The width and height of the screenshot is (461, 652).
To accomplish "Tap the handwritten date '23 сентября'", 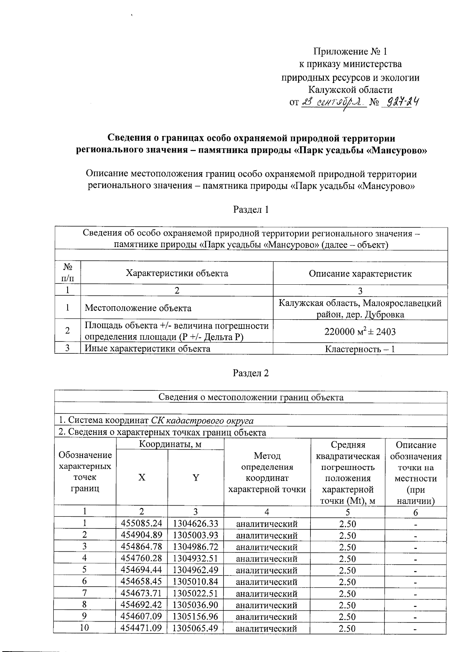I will tap(333, 102).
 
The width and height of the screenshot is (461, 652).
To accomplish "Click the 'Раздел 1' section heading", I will tap(251, 209).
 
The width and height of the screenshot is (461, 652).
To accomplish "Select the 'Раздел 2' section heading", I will tap(251, 373).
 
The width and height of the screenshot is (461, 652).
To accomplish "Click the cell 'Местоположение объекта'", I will tap(138, 308).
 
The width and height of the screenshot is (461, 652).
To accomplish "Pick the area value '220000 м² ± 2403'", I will tap(360, 331).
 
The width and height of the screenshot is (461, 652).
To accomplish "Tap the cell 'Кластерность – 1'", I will tap(360, 349).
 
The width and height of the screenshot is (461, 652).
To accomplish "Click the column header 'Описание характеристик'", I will tap(360, 274).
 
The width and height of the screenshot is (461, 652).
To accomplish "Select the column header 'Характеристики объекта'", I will tap(177, 273).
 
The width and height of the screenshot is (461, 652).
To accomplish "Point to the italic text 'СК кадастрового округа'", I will tap(202, 420).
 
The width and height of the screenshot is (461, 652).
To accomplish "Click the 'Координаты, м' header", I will tap(170, 445).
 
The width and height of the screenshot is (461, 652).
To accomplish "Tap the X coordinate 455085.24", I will tap(141, 523).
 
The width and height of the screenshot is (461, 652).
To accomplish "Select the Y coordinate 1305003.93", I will tap(196, 535).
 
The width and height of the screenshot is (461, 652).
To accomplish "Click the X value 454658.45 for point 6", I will tap(141, 582).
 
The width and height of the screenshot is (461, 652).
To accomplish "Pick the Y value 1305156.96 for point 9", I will tap(196, 617).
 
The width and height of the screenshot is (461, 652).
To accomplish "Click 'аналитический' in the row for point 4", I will tap(267, 559).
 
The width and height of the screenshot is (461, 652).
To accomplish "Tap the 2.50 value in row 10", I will tap(347, 629).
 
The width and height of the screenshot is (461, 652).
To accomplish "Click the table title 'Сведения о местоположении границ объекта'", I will tap(251, 397).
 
